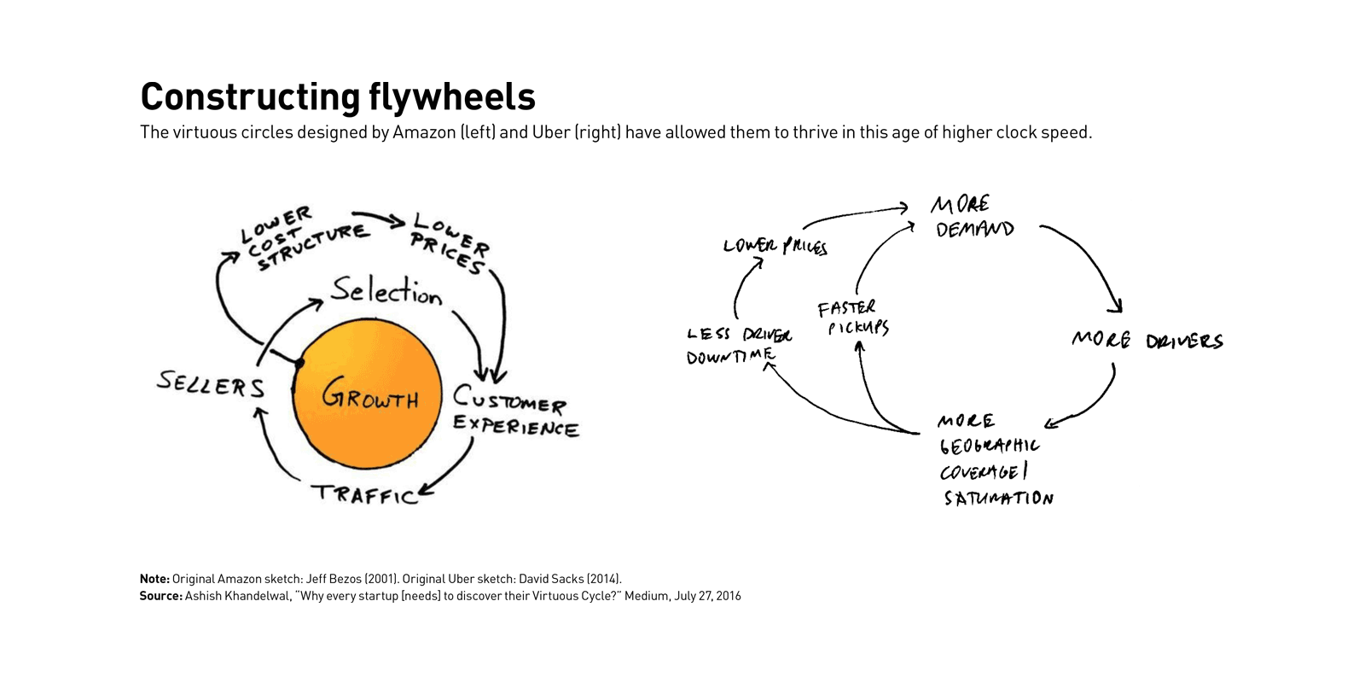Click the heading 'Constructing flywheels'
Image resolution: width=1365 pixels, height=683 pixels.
(338, 96)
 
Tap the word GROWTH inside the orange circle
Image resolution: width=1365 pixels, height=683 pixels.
(369, 395)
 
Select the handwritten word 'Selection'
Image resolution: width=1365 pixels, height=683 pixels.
(386, 291)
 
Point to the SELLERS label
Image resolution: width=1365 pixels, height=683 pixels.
(211, 384)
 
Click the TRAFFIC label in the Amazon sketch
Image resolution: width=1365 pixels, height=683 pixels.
(364, 494)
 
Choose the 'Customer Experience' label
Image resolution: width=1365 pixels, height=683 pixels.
(514, 412)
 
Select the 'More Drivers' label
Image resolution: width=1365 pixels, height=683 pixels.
(1147, 341)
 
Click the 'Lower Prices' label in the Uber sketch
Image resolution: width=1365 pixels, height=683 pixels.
(775, 247)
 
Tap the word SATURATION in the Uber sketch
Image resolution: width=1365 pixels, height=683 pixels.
(998, 498)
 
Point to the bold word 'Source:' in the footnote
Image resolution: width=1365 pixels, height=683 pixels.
(160, 596)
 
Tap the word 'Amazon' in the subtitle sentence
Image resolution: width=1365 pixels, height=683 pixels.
(424, 132)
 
